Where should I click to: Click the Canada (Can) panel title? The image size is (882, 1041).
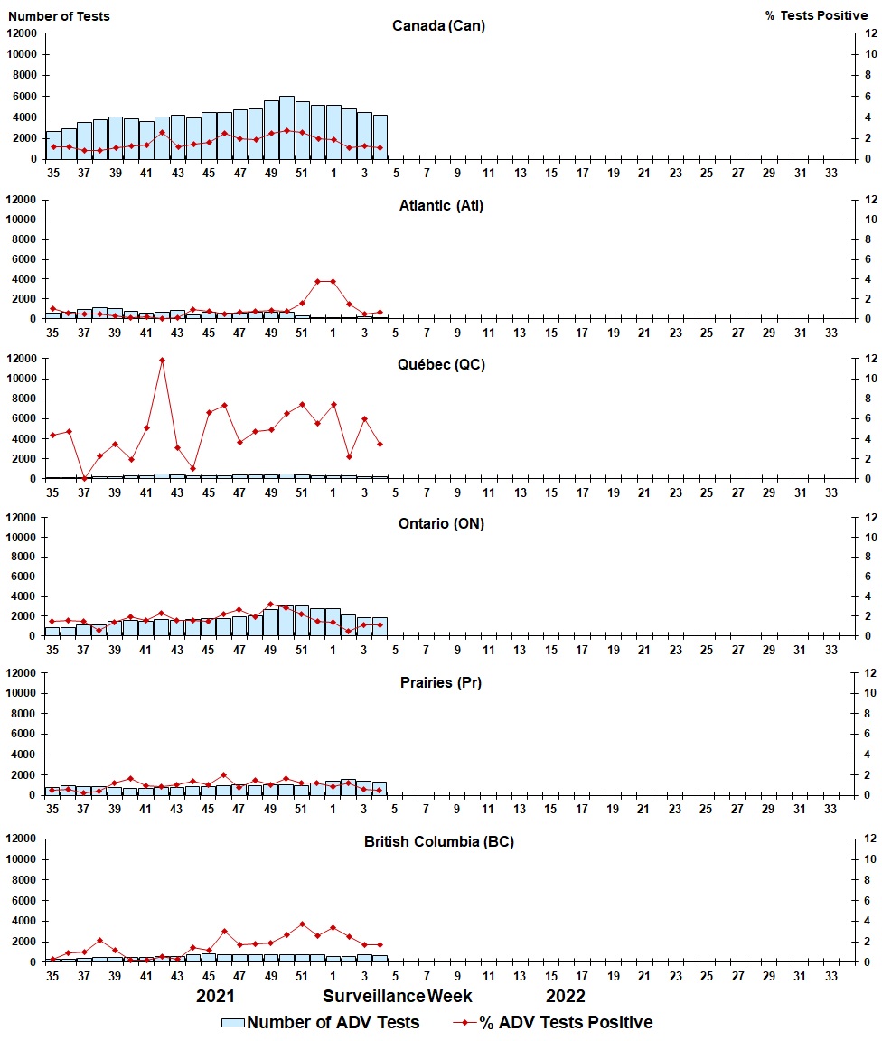[x=438, y=26]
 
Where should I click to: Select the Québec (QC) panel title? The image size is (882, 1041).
[x=441, y=365]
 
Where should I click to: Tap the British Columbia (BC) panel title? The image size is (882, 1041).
[x=439, y=842]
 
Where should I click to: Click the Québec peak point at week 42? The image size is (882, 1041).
[x=162, y=361]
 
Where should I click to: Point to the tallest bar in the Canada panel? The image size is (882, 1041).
[x=286, y=127]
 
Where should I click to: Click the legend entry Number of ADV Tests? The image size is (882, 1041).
[x=322, y=1023]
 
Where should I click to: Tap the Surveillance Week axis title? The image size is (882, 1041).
[x=398, y=997]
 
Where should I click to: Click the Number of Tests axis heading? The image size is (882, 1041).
[x=60, y=16]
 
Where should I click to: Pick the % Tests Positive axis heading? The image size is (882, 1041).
[x=816, y=16]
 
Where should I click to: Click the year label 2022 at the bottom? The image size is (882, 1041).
[x=566, y=997]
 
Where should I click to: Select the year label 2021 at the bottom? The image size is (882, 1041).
[x=216, y=997]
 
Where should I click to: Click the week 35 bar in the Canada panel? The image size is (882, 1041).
[x=52, y=145]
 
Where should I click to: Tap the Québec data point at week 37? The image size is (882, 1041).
[x=84, y=478]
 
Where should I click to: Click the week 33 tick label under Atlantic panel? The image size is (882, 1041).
[x=830, y=333]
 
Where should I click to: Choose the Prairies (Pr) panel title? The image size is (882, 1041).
[x=441, y=683]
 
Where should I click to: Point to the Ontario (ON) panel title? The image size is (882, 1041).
[x=441, y=524]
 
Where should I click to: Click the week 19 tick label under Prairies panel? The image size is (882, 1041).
[x=613, y=809]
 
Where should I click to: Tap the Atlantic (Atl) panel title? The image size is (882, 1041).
[x=441, y=206]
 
